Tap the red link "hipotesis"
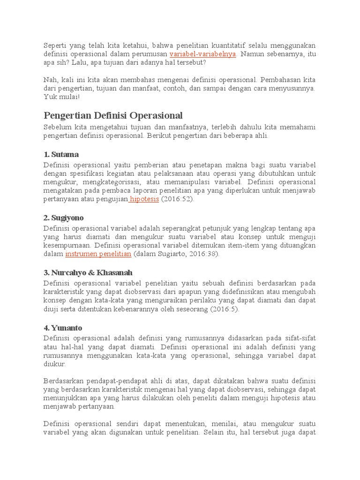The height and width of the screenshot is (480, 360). (144, 199)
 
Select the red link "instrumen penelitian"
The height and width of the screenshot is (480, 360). (98, 254)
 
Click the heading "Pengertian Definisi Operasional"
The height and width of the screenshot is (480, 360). (113, 115)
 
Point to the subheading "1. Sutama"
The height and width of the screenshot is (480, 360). (61, 154)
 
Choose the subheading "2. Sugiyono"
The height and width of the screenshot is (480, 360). (65, 218)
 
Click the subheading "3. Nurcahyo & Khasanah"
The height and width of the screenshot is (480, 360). (88, 273)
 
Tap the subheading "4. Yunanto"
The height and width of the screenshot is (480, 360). (63, 328)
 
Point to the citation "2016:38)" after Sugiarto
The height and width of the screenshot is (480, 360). (204, 254)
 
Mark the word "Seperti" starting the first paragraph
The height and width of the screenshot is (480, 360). (55, 45)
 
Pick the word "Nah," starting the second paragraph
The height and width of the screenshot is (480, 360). (51, 79)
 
